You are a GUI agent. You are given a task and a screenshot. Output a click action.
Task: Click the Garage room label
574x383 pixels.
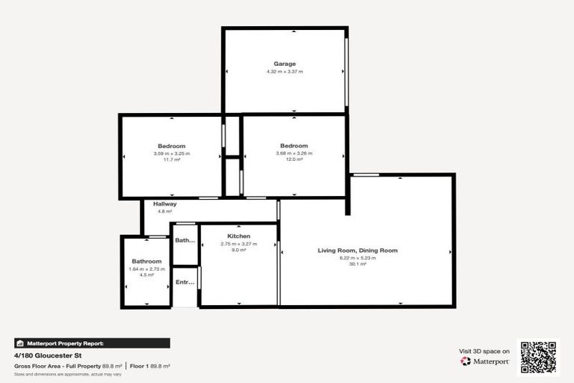pyautogui.click(x=285, y=64)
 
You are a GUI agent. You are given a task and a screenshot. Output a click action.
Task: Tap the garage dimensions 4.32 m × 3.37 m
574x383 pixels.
pyautogui.click(x=285, y=72)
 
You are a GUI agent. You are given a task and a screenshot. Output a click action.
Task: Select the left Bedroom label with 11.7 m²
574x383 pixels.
pyautogui.click(x=171, y=146)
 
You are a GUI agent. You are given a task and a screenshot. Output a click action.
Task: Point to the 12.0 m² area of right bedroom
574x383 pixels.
pyautogui.click(x=294, y=159)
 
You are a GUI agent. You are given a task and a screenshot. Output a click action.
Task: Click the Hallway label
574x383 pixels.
pyautogui.click(x=164, y=204)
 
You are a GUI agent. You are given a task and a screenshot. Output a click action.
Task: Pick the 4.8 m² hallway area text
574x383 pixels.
pyautogui.click(x=164, y=212)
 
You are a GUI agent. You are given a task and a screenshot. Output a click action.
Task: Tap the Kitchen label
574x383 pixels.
pyautogui.click(x=239, y=236)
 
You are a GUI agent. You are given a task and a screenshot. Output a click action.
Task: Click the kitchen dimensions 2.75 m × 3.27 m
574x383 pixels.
pyautogui.click(x=239, y=244)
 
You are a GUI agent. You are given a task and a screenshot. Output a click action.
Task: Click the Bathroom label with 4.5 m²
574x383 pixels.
pyautogui.click(x=146, y=261)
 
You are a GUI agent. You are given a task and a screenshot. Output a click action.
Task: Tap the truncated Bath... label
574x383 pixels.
pyautogui.click(x=185, y=241)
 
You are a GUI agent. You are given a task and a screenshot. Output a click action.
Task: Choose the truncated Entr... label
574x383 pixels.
pyautogui.click(x=185, y=283)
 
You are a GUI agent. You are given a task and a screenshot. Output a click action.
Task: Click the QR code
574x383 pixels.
pyautogui.click(x=539, y=358)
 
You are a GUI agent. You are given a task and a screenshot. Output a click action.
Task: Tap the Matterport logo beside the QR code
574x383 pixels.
pyautogui.click(x=486, y=361)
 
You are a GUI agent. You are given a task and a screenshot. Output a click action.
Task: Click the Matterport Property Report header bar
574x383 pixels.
pyautogui.click(x=92, y=343)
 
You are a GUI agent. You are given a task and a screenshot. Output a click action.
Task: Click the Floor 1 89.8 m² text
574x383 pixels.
pyautogui.click(x=150, y=366)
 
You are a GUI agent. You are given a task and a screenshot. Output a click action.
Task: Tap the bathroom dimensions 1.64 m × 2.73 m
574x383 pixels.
pyautogui.click(x=146, y=269)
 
